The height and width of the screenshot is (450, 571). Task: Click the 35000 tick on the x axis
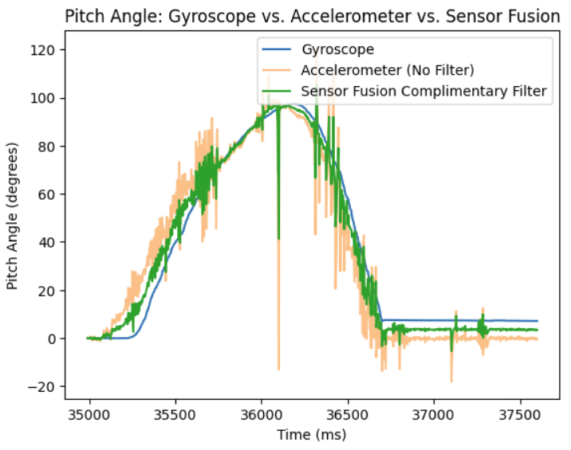89,415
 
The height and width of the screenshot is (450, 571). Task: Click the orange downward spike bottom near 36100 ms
278,370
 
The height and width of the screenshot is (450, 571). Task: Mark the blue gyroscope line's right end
537,321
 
